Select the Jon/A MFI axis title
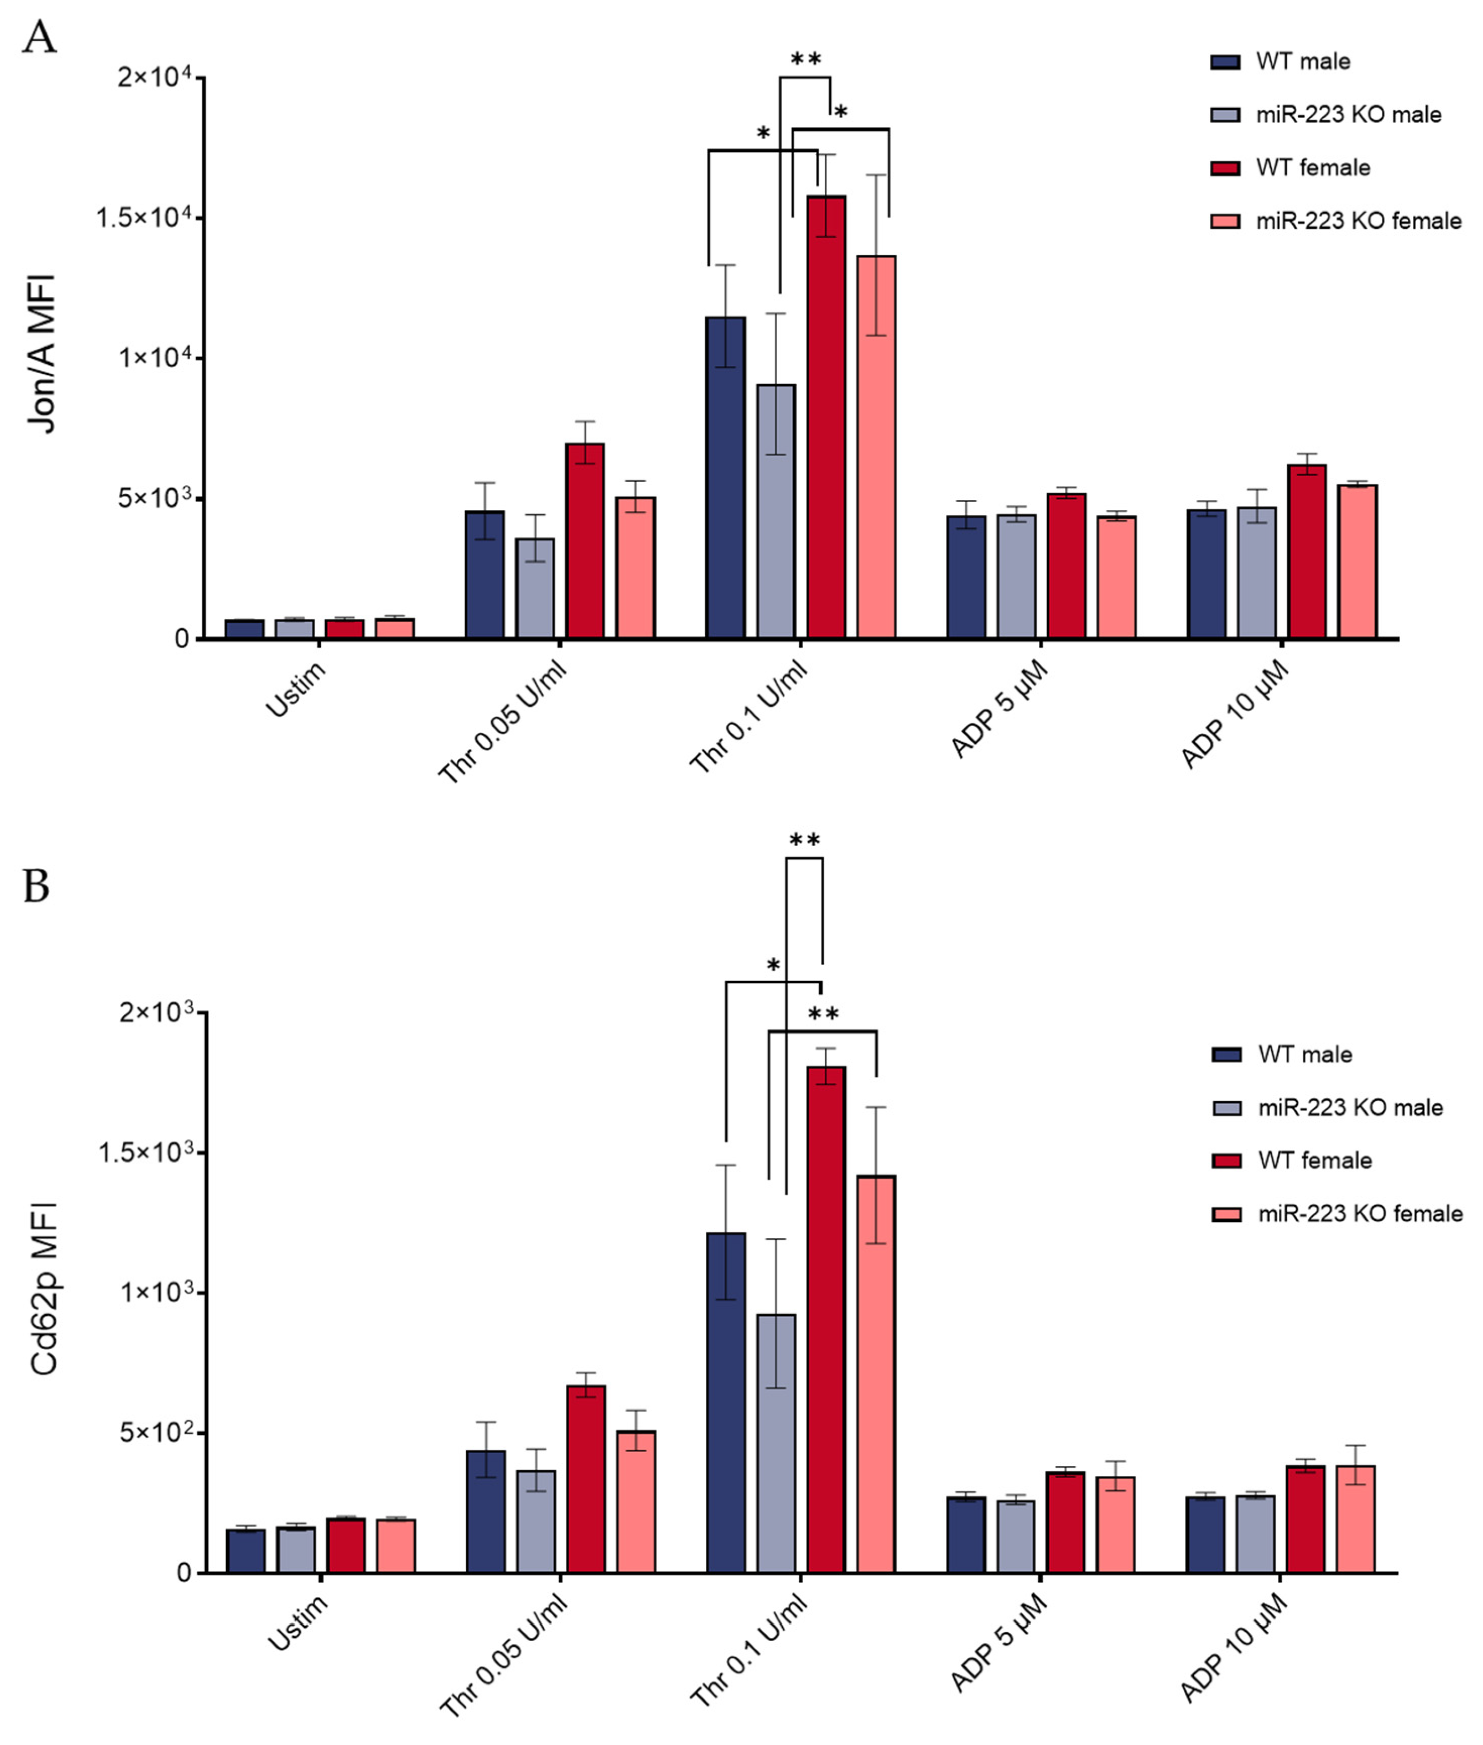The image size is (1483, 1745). pos(42,353)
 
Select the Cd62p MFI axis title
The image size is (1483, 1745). pos(44,1289)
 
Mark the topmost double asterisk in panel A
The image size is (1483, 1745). pos(805,59)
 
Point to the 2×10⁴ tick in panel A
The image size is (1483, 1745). pos(159,77)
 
